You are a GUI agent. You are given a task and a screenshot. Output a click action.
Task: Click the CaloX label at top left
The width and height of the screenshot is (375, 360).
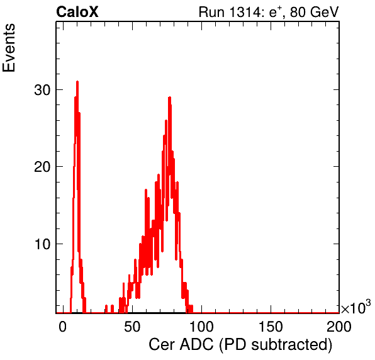(x=77, y=12)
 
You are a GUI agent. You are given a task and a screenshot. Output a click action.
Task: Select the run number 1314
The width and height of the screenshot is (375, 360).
(x=245, y=12)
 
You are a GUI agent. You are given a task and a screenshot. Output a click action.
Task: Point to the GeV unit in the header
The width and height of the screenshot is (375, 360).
(x=324, y=12)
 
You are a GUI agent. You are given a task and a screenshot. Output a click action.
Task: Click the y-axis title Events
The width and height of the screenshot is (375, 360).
(x=9, y=48)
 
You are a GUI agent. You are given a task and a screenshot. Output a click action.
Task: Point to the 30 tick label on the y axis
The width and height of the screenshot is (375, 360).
(x=42, y=90)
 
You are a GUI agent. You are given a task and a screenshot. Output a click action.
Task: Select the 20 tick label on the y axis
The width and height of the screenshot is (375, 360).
(x=42, y=167)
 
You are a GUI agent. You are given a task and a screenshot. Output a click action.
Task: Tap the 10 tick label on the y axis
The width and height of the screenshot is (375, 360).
(x=42, y=244)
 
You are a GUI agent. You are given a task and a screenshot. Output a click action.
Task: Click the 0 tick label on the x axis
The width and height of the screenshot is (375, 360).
(x=62, y=327)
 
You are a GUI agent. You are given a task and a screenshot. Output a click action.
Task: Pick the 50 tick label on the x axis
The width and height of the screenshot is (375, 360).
(x=132, y=327)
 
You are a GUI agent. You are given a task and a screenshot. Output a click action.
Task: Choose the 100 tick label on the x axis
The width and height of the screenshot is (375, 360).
(x=201, y=327)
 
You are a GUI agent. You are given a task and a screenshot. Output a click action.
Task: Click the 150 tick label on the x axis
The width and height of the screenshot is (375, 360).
(x=271, y=327)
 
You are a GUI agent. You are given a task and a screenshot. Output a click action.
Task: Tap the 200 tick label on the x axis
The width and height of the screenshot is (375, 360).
(x=339, y=327)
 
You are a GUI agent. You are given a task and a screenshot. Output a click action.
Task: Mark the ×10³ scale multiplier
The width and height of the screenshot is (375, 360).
(x=356, y=307)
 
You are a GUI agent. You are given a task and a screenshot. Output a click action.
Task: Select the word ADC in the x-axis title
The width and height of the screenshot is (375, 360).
(x=196, y=345)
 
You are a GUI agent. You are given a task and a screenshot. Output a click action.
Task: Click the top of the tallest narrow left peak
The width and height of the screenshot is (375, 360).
(x=77, y=82)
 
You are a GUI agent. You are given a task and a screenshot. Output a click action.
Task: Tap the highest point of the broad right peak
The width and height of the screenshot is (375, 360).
(x=169, y=98)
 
